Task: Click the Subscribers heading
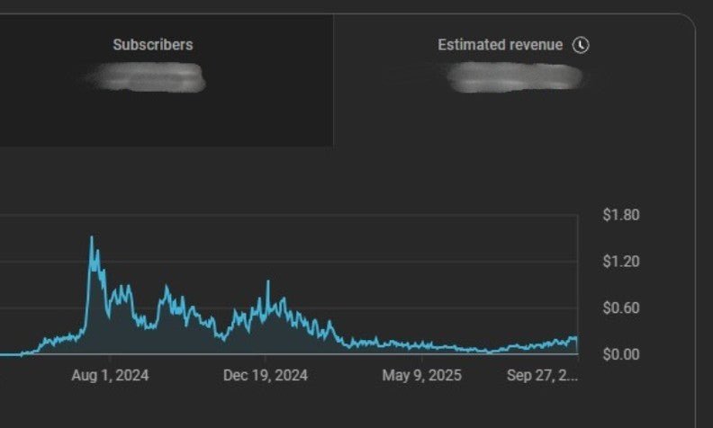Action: tap(152, 44)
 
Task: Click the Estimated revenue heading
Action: tap(500, 44)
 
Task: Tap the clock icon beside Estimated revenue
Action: tap(581, 44)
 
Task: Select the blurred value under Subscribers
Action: tap(149, 77)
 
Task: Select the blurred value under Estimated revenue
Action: tap(515, 77)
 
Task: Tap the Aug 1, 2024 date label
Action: tap(110, 375)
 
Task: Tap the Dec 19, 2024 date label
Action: tap(265, 375)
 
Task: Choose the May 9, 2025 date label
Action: tap(421, 375)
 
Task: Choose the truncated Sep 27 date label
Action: tap(541, 375)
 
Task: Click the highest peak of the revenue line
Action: tap(91, 237)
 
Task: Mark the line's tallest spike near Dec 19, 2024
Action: tap(267, 281)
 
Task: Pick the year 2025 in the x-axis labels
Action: tap(445, 375)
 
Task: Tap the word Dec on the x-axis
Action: tap(235, 375)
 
